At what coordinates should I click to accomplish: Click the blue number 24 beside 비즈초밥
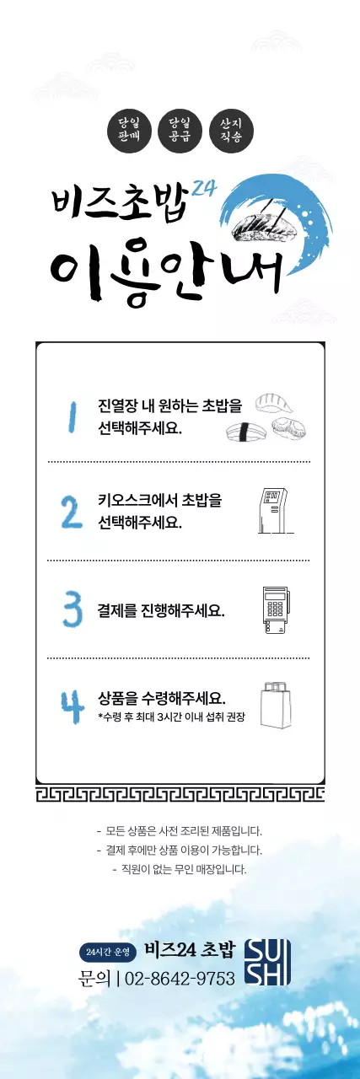click(205, 191)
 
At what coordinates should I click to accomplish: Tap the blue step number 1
click(73, 416)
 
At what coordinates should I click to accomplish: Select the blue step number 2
click(71, 511)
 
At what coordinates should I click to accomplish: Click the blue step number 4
click(71, 706)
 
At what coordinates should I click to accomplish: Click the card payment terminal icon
click(275, 608)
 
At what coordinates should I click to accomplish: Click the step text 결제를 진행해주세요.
click(161, 609)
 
